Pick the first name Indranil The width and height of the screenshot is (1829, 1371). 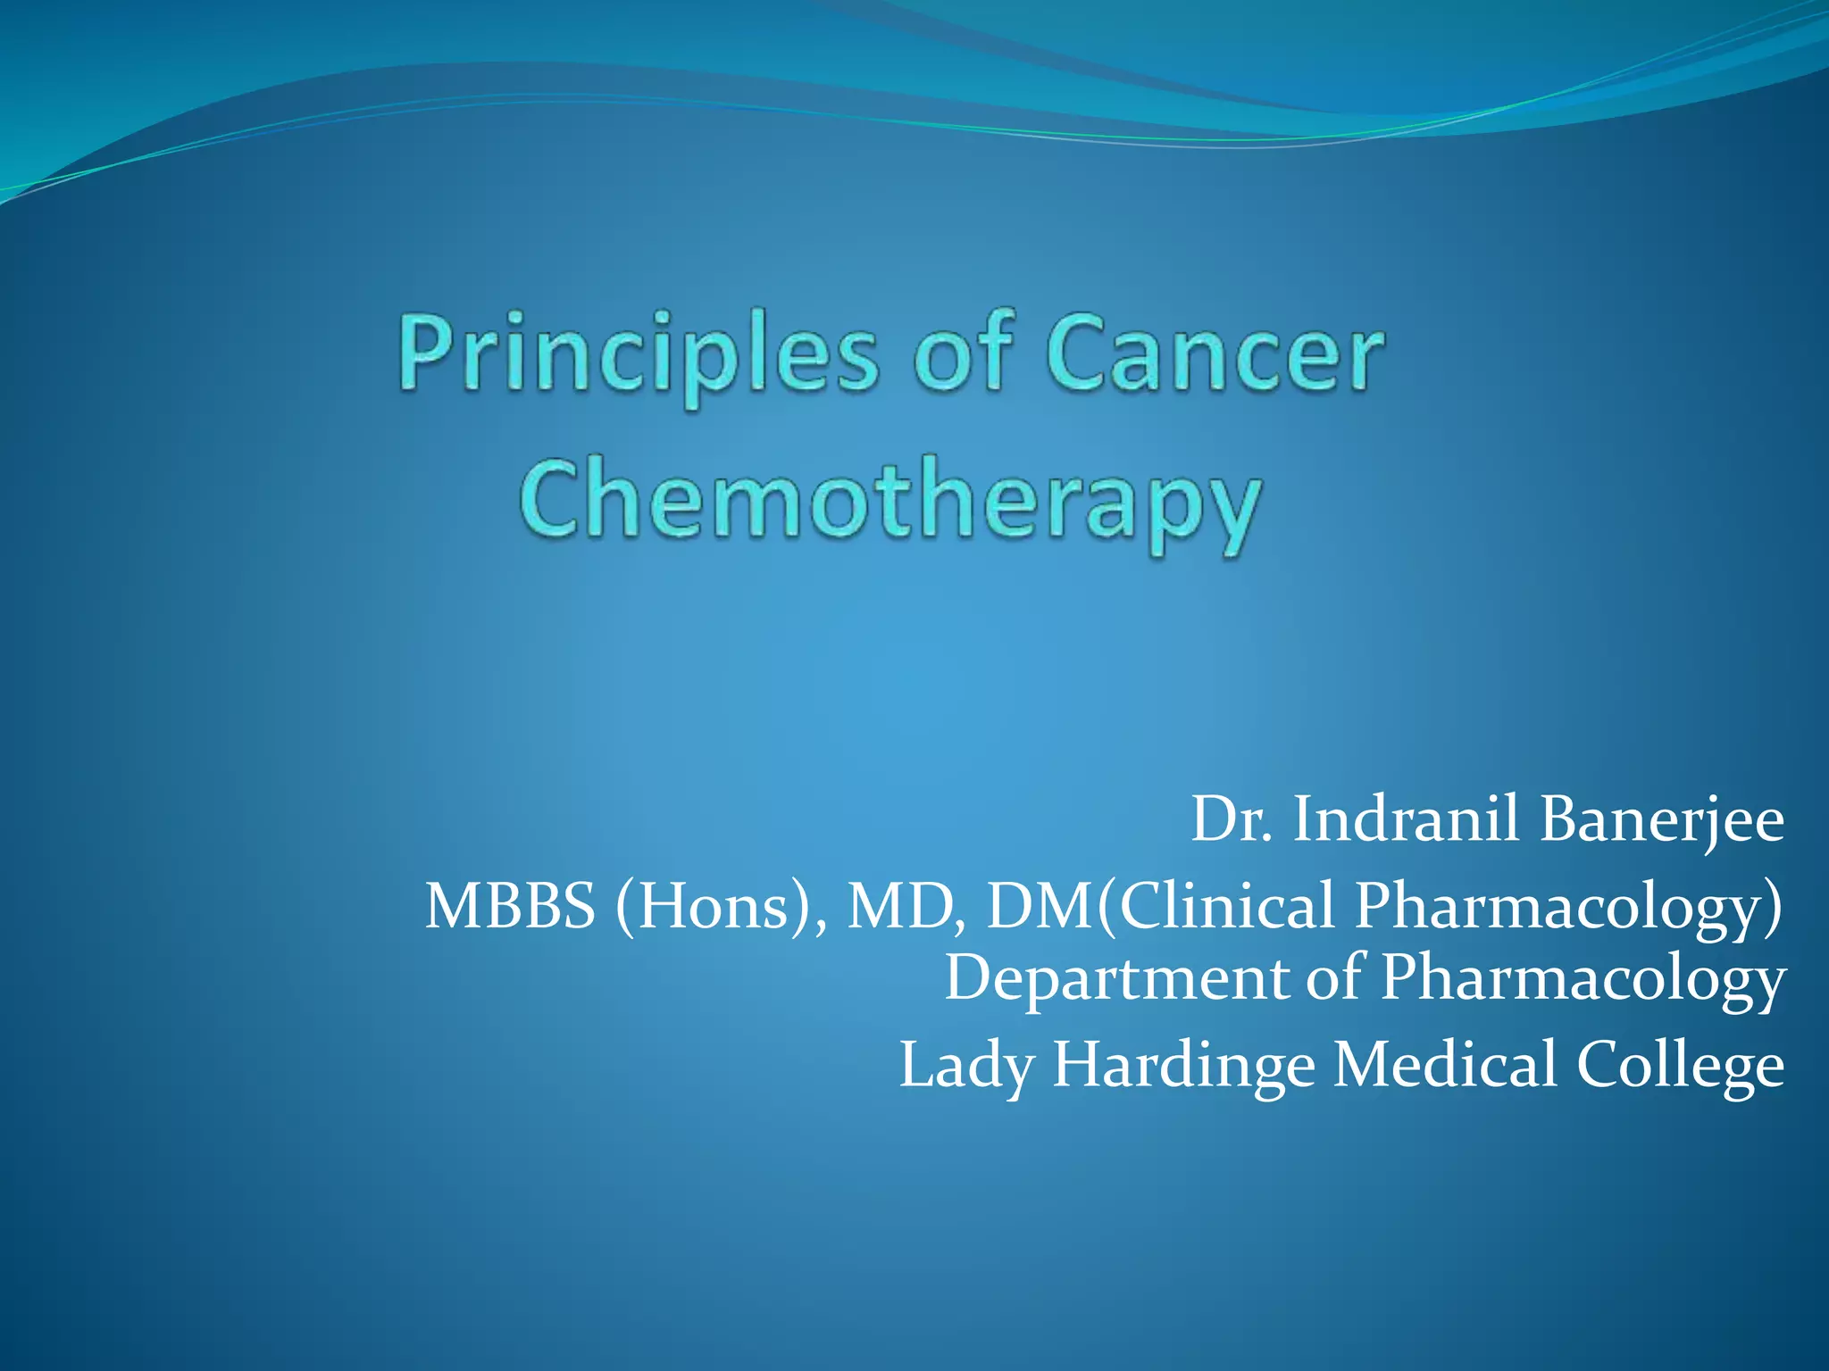1406,818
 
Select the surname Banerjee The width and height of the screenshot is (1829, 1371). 1661,820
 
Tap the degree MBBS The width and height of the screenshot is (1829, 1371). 510,906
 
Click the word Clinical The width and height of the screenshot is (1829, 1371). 1227,906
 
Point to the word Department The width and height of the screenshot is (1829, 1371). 1117,977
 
